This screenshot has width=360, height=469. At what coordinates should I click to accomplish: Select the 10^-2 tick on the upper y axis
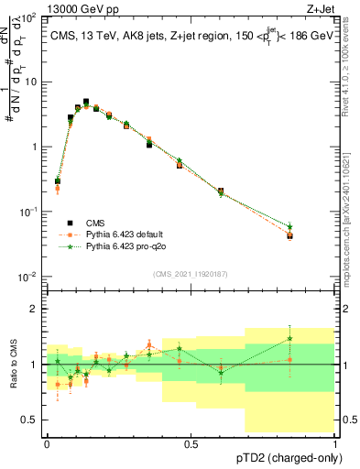pyautogui.click(x=27, y=277)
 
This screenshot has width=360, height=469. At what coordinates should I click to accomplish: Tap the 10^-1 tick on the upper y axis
pyautogui.click(x=27, y=212)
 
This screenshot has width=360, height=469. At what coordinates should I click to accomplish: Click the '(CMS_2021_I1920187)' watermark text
pyautogui.click(x=191, y=272)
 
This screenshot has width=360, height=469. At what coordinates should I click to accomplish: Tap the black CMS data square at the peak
pyautogui.click(x=86, y=102)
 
